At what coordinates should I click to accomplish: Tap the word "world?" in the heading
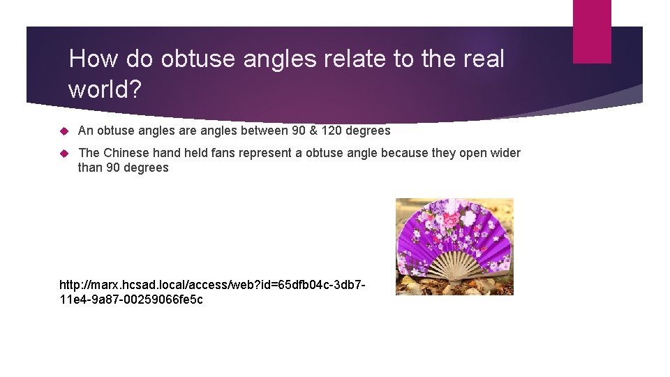coord(104,89)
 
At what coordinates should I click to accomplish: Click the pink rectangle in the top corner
coord(592,31)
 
